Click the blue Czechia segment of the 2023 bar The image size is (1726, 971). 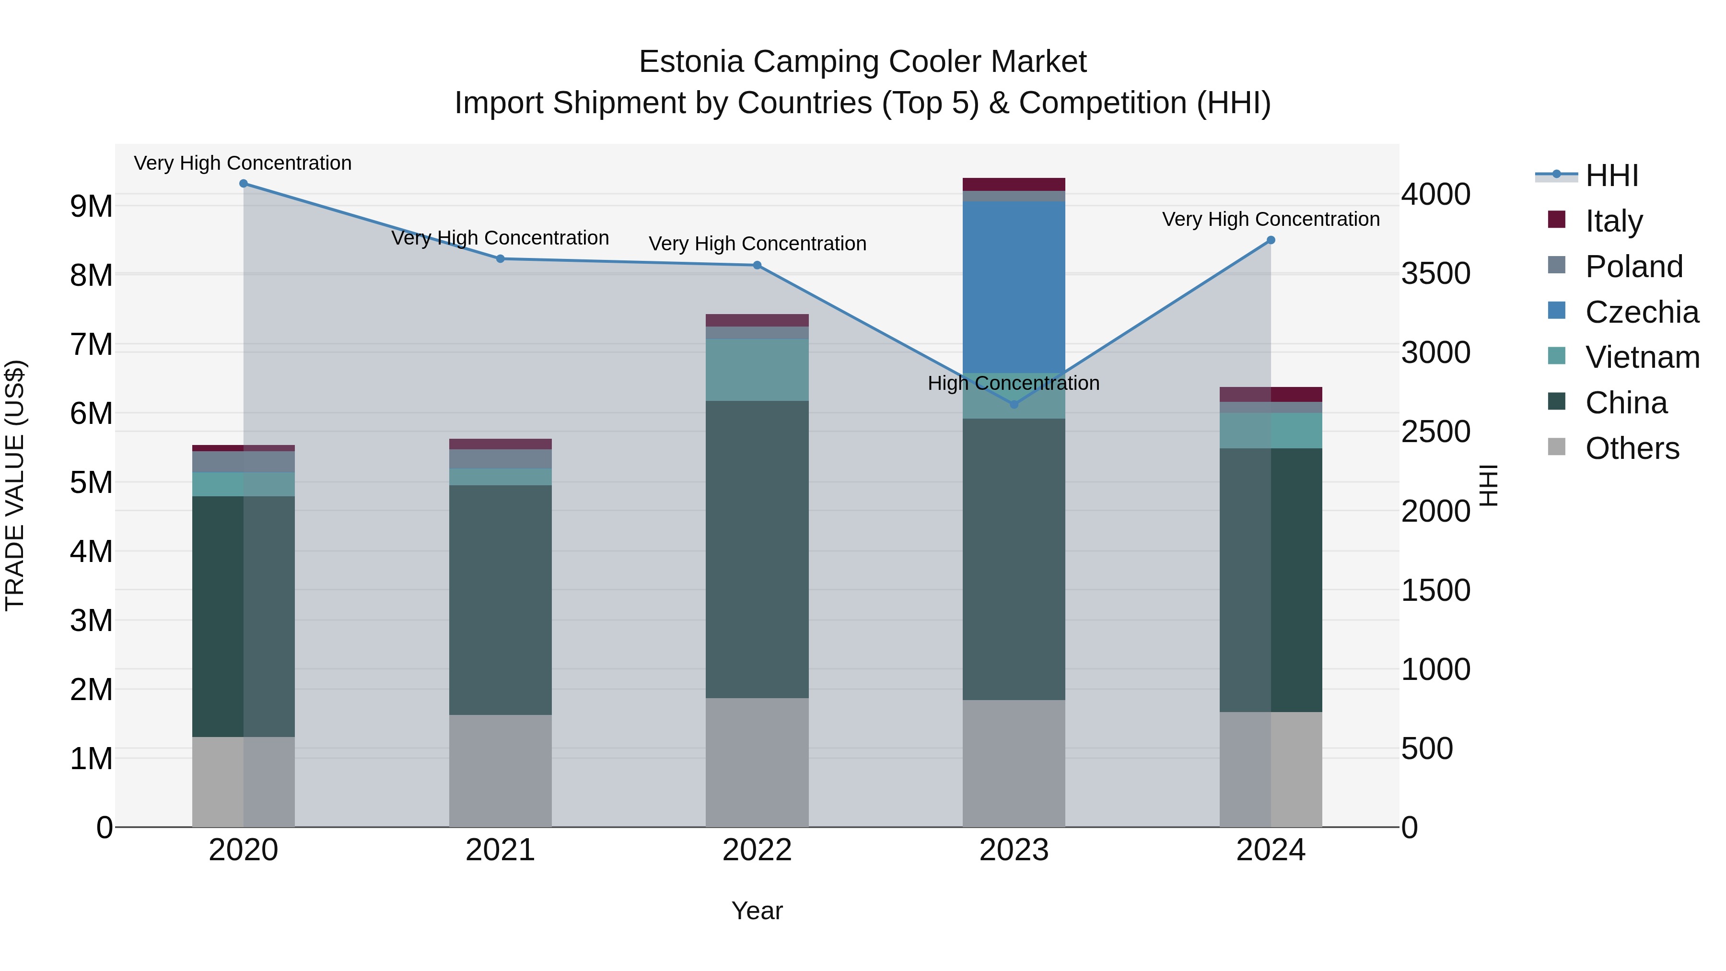coord(1013,287)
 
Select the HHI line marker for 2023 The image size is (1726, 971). coord(1014,404)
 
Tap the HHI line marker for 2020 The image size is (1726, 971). coord(243,184)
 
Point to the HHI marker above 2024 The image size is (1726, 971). coord(1271,240)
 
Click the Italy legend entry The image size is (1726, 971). coord(1613,221)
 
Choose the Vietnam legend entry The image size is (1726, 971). coord(1642,357)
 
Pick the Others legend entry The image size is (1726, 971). coord(1632,448)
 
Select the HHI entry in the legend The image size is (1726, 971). coord(1611,175)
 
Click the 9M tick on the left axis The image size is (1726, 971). coord(92,206)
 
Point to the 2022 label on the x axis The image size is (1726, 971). coord(757,850)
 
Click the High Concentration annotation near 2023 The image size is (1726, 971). coord(1013,383)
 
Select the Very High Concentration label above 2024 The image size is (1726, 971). coord(1271,219)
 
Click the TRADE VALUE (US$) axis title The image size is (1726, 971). coord(15,485)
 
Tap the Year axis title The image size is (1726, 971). coord(757,911)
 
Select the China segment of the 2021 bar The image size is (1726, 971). coord(500,600)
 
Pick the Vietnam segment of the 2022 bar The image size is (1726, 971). coord(757,370)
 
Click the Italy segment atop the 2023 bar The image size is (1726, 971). coord(1013,184)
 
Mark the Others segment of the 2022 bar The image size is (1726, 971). coord(757,762)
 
